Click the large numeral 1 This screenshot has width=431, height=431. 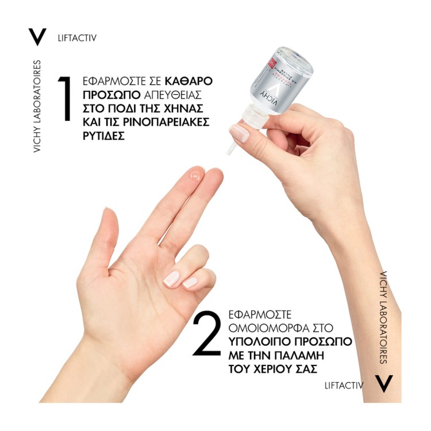pyautogui.click(x=64, y=98)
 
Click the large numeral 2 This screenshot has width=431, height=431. pyautogui.click(x=207, y=333)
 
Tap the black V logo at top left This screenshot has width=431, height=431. pyautogui.click(x=37, y=37)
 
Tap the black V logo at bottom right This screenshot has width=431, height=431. pyautogui.click(x=384, y=384)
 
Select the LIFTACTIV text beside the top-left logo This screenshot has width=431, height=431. pyautogui.click(x=77, y=38)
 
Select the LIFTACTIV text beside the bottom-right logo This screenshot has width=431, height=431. pyautogui.click(x=344, y=386)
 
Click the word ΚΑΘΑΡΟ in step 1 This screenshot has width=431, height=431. pyautogui.click(x=189, y=82)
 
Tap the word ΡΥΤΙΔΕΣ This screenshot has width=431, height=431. pyautogui.click(x=103, y=136)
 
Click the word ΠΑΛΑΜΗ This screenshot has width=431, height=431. pyautogui.click(x=299, y=355)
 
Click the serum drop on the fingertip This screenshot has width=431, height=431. pyautogui.click(x=195, y=175)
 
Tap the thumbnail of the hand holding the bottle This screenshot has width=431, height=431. pyautogui.click(x=240, y=133)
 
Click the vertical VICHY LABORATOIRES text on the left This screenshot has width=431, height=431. pyautogui.click(x=37, y=106)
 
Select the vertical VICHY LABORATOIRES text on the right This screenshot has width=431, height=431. pyautogui.click(x=383, y=317)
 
